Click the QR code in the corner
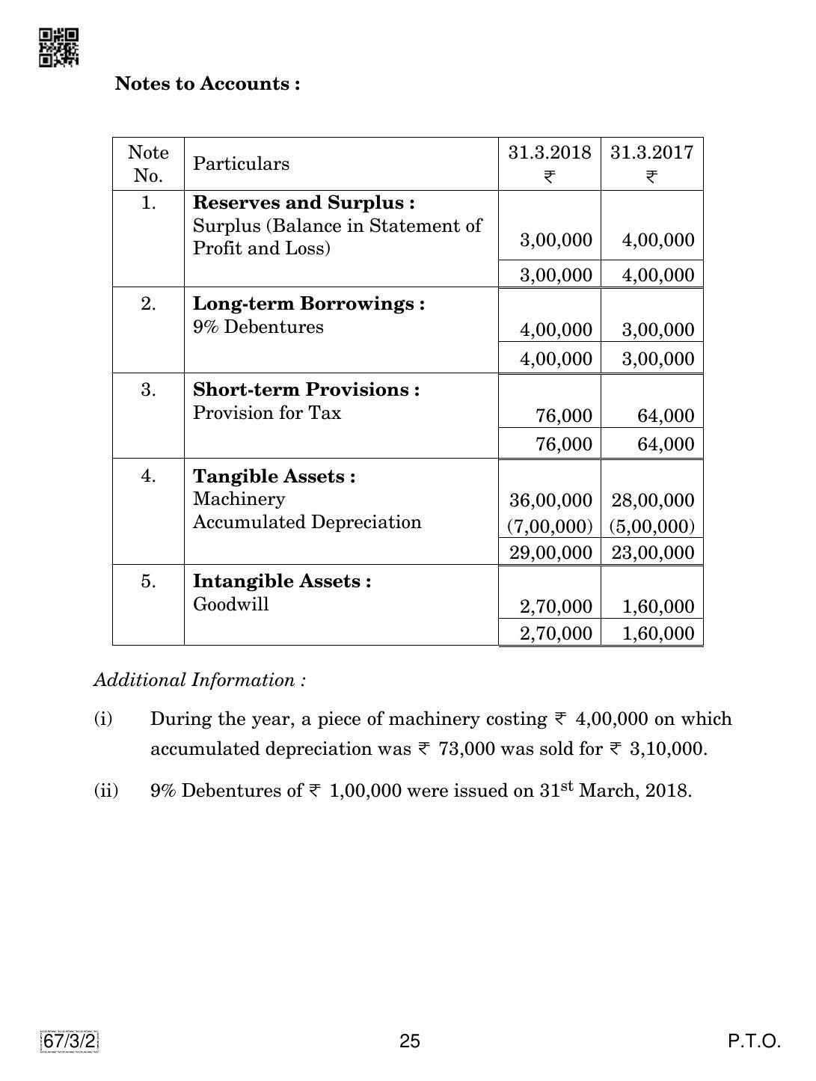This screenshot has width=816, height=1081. click(x=58, y=48)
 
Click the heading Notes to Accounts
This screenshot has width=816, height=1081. click(x=207, y=84)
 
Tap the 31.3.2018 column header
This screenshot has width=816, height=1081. click(x=549, y=153)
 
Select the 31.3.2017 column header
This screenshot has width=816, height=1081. click(x=651, y=153)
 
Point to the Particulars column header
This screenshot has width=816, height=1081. click(x=241, y=164)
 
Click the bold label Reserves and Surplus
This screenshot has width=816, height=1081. click(x=304, y=203)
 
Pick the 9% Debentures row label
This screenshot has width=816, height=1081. click(x=258, y=327)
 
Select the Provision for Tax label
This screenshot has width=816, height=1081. click(x=266, y=413)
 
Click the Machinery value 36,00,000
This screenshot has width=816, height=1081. click(x=550, y=500)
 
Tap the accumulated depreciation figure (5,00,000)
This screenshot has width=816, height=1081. click(x=651, y=527)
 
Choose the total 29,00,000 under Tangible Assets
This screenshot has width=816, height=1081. click(x=550, y=553)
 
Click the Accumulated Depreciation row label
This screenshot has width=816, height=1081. click(x=307, y=522)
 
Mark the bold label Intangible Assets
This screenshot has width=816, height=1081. click(x=282, y=581)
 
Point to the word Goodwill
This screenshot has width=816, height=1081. click(x=230, y=604)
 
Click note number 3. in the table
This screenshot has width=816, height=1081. click(x=148, y=390)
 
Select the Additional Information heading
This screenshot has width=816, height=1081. click(x=199, y=680)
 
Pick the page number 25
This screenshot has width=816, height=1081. click(x=410, y=1041)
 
